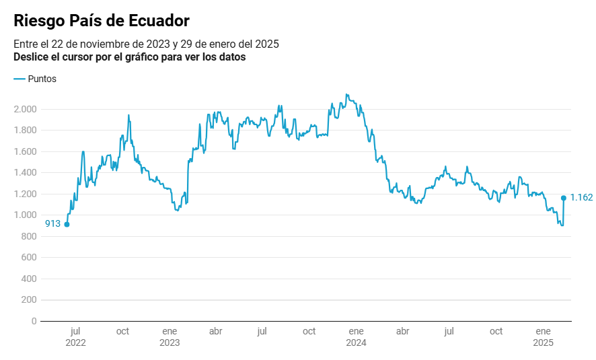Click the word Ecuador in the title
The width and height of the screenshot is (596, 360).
(x=151, y=21)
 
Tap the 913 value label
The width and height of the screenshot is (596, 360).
(x=53, y=224)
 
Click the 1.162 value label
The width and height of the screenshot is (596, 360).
(x=581, y=197)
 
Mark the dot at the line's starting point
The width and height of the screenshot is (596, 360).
(x=67, y=224)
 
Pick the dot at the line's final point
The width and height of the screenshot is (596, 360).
(x=564, y=198)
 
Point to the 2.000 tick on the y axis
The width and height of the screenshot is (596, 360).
(x=26, y=109)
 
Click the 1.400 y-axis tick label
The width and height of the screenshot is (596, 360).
(x=26, y=173)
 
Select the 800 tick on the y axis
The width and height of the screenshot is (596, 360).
(x=29, y=236)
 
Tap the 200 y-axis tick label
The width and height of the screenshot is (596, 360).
(x=29, y=300)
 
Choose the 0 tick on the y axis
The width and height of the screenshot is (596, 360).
(x=34, y=321)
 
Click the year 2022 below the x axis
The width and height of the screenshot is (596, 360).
(x=75, y=343)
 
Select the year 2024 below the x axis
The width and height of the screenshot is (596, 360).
(x=356, y=343)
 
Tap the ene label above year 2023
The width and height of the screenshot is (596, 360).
(x=170, y=331)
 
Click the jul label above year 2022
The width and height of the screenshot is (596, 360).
(x=75, y=331)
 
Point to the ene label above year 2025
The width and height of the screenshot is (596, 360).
(x=543, y=331)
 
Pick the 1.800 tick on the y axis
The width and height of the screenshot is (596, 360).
(x=26, y=131)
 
